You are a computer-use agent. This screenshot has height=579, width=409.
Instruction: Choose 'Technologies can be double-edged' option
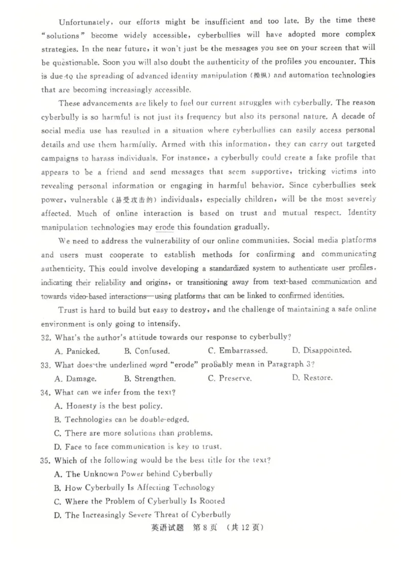(121, 419)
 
